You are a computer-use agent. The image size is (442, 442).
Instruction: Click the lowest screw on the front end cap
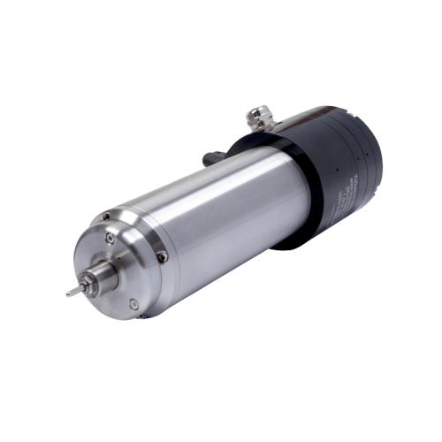(x=133, y=305)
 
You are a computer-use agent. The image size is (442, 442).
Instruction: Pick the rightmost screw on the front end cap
(x=163, y=257)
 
